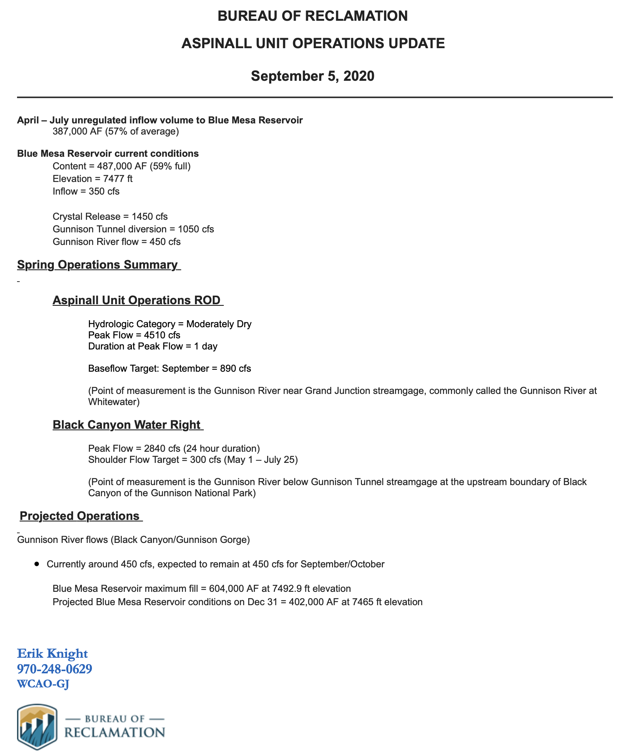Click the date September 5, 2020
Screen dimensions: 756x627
pyautogui.click(x=312, y=76)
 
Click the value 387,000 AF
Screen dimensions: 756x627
pyautogui.click(x=77, y=132)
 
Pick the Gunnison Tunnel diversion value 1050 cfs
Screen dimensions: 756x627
pyautogui.click(x=196, y=229)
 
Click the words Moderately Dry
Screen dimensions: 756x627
pyautogui.click(x=219, y=324)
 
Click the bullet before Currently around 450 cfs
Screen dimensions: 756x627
pyautogui.click(x=36, y=564)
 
